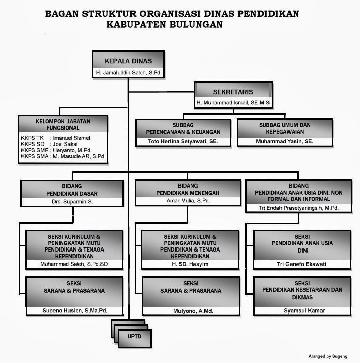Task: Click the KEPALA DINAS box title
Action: (x=128, y=61)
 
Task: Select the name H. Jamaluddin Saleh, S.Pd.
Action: (x=128, y=73)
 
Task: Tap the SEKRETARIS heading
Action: (x=233, y=92)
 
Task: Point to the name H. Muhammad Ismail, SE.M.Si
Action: (x=233, y=103)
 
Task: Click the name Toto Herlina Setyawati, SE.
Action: (x=183, y=141)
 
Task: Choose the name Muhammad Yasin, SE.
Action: (x=284, y=141)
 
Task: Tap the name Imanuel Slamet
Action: (x=72, y=138)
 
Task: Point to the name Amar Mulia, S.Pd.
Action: (x=188, y=201)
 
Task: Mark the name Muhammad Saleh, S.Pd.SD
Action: (x=74, y=264)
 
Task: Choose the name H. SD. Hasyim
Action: (x=190, y=264)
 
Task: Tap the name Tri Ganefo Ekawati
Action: (x=302, y=264)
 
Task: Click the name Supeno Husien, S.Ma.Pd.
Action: (x=74, y=311)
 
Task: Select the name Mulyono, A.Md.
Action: (x=190, y=311)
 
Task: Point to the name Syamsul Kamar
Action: (x=302, y=311)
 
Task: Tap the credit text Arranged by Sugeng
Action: (x=328, y=356)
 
